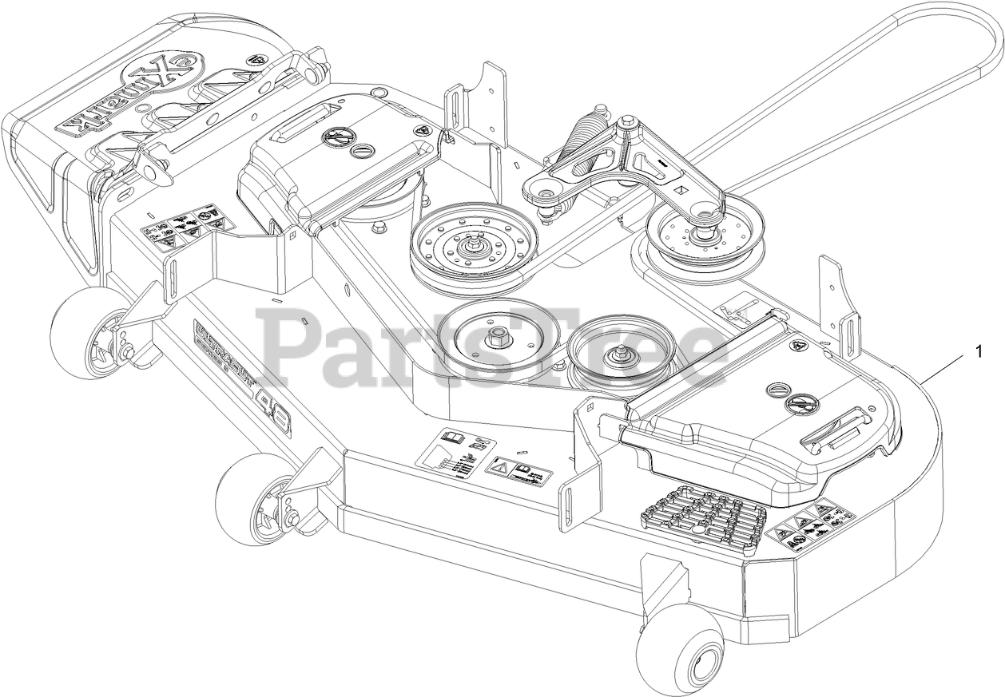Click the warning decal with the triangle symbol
pos(519,471)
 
